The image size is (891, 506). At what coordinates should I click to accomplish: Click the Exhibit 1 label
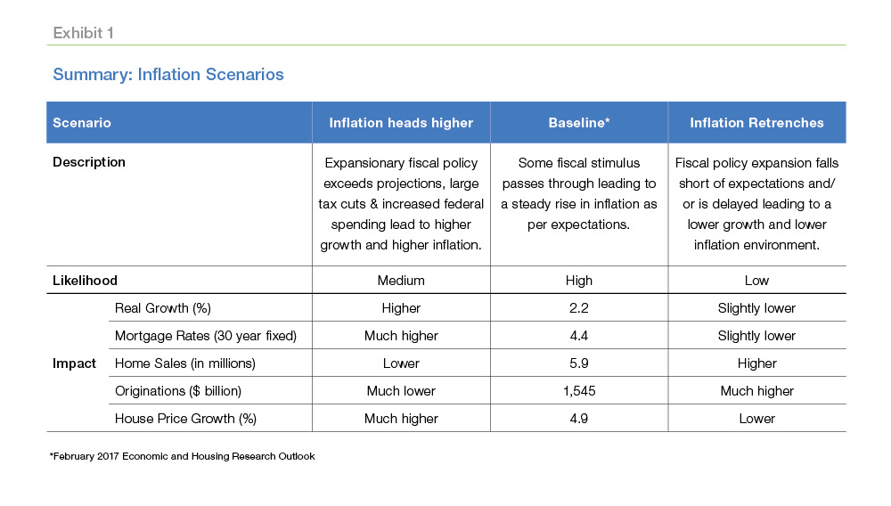(83, 33)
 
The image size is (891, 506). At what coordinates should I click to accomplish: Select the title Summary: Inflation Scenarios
(168, 75)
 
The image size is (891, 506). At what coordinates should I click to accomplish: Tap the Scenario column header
(82, 123)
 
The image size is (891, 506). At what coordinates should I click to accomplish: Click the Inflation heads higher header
(401, 123)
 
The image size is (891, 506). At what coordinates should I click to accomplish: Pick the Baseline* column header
(579, 123)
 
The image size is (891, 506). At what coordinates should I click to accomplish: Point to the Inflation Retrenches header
(756, 123)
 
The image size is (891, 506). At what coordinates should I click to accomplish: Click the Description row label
(89, 162)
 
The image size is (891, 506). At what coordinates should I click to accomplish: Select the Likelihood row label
(86, 281)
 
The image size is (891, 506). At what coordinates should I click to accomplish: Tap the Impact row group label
(75, 363)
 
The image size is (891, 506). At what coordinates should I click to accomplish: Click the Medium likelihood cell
(401, 281)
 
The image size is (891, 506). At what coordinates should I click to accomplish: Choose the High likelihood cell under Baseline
(579, 281)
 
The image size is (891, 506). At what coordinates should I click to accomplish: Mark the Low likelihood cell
(756, 281)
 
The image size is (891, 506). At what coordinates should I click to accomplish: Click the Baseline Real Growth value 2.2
(579, 308)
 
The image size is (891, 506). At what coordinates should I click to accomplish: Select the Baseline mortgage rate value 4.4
(579, 336)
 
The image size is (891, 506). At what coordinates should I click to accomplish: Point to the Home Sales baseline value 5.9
(579, 363)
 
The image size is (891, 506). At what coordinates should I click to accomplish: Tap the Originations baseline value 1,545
(579, 391)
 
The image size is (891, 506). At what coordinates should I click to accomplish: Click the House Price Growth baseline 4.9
(579, 419)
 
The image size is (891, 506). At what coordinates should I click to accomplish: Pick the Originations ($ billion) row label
(178, 391)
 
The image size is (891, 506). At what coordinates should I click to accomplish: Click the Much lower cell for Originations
(401, 391)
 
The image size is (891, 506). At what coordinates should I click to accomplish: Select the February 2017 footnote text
(183, 456)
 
